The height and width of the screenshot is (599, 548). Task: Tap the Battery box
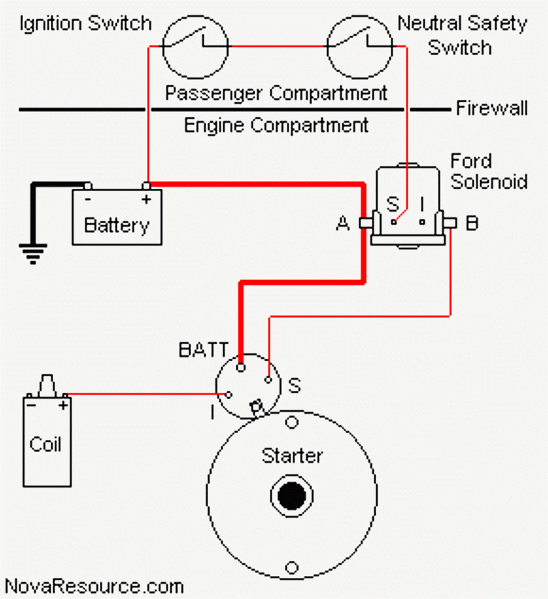117,218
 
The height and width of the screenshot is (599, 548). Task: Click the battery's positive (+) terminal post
146,186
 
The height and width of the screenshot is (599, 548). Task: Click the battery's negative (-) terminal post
88,186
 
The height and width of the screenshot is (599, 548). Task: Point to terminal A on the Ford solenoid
365,223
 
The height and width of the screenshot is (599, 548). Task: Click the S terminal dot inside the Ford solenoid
394,222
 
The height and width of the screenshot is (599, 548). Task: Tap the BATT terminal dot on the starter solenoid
241,367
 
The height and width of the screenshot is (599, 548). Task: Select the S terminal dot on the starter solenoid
268,379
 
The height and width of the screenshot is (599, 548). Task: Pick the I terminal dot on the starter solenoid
229,394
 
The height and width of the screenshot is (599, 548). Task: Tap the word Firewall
491,109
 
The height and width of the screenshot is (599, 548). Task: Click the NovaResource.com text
94,586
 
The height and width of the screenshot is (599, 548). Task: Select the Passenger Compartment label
276,93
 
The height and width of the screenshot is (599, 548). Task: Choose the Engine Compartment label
276,126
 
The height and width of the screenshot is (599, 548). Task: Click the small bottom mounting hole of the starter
292,568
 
